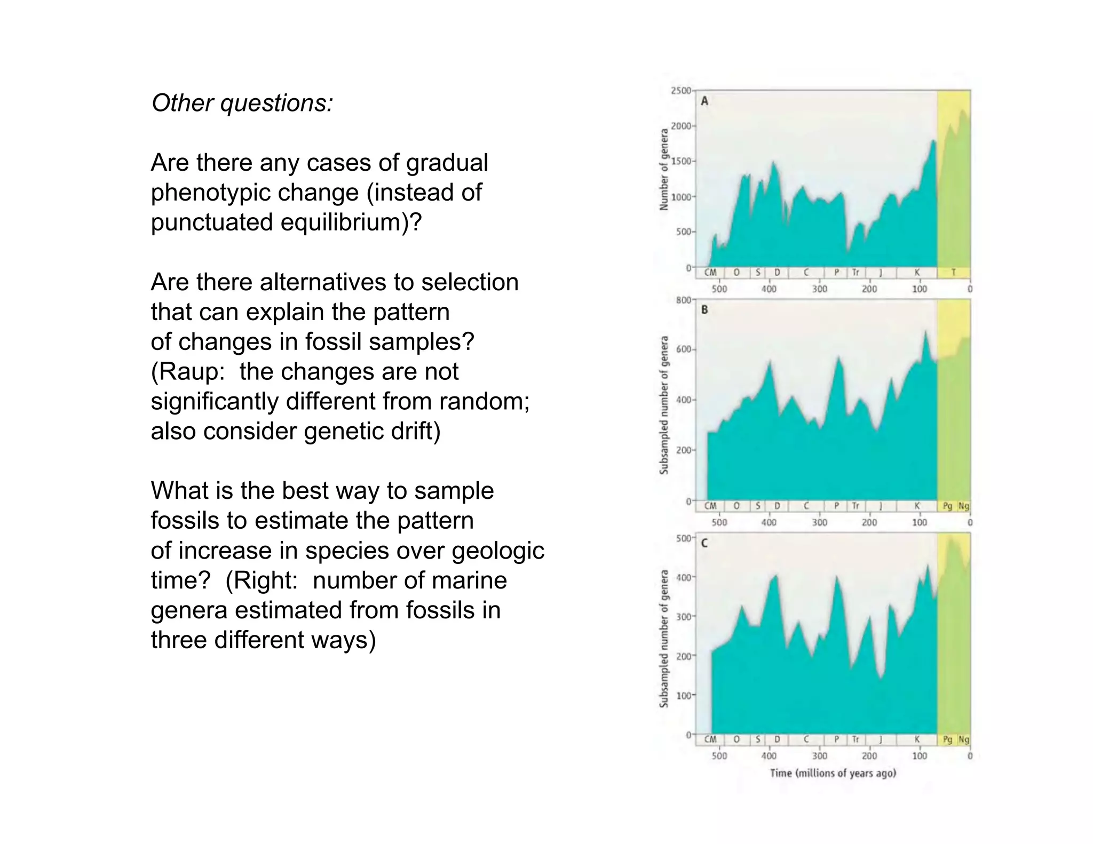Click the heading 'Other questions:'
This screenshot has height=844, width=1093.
click(x=242, y=103)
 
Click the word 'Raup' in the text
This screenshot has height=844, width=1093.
click(x=189, y=371)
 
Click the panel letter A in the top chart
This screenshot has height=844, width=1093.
click(x=704, y=101)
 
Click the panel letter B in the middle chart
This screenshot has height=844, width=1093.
click(x=704, y=309)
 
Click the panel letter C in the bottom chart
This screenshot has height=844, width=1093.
click(x=704, y=543)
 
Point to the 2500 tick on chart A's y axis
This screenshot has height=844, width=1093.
click(x=680, y=91)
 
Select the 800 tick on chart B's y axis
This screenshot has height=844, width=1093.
click(x=683, y=300)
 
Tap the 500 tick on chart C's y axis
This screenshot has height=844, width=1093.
click(x=683, y=538)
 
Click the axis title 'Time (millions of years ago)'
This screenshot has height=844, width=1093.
click(x=833, y=773)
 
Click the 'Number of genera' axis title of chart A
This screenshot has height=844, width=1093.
click(x=664, y=170)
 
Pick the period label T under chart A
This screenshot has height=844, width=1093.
click(x=953, y=273)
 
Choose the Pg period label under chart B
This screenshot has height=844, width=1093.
click(x=947, y=506)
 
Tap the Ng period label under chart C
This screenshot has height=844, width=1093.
click(x=963, y=739)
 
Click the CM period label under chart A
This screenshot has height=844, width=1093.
click(x=710, y=273)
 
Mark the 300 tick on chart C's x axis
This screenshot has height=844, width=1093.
click(x=820, y=756)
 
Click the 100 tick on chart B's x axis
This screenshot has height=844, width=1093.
click(x=920, y=522)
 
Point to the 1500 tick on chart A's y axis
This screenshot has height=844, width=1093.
click(x=680, y=161)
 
